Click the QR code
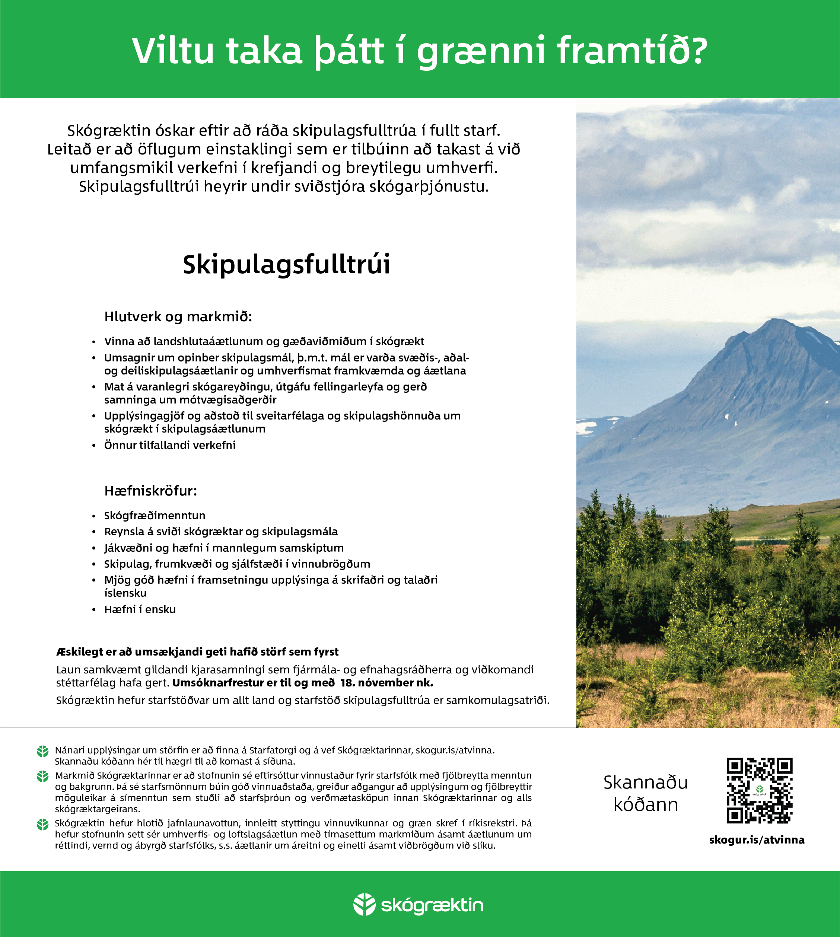[x=759, y=790]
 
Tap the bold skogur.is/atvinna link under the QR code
[x=757, y=840]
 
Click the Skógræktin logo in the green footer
[x=418, y=905]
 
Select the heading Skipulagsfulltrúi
[x=286, y=264]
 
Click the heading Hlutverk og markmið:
[x=178, y=316]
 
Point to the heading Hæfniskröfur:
[x=150, y=490]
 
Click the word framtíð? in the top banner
[x=632, y=50]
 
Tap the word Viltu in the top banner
[x=173, y=50]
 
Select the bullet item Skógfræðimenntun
[x=155, y=515]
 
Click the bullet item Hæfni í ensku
[x=140, y=609]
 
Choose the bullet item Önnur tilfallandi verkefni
[x=170, y=445]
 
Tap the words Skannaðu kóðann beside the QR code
[x=645, y=793]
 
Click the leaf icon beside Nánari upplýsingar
[x=42, y=752]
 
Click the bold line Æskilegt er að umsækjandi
[x=197, y=651]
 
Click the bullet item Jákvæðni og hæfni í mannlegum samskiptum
[x=224, y=548]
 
